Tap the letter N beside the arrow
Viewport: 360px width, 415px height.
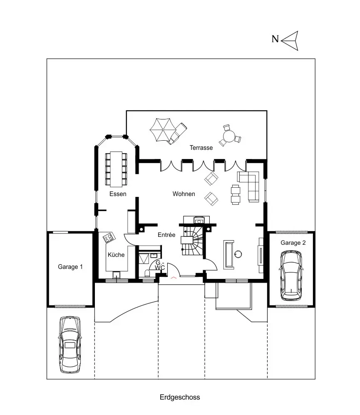point(275,40)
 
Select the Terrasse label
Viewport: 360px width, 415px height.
point(201,148)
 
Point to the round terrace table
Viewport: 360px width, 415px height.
point(229,136)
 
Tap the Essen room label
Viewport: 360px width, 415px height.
point(118,194)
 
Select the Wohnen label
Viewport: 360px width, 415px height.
point(184,194)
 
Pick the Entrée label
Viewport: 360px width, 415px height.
point(166,235)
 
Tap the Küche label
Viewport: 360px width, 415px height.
point(116,255)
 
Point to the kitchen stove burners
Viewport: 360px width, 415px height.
point(109,237)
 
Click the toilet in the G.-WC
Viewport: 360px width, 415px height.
point(147,273)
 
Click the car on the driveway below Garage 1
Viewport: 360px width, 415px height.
point(70,344)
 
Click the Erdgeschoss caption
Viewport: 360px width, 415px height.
point(180,397)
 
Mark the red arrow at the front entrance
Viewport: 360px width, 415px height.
point(174,276)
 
